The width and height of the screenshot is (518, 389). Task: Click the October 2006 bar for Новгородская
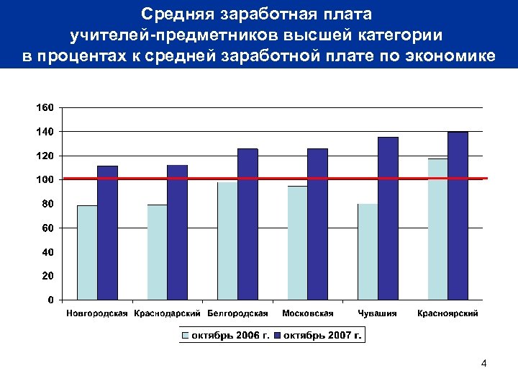coord(87,252)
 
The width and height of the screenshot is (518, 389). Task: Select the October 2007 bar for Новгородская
coord(107,233)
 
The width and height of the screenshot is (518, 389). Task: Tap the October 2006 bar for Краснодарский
coord(157,252)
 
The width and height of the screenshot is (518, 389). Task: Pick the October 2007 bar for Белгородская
coord(247,224)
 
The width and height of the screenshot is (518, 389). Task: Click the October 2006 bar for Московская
coord(297,243)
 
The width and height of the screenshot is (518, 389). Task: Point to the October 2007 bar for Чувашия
coord(388,218)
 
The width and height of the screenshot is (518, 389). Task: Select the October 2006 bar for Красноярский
coord(437,229)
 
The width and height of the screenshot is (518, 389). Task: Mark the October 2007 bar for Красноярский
coord(458,215)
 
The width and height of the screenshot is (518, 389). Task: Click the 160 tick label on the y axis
coord(45,107)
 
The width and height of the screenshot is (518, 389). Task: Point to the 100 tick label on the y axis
coord(45,179)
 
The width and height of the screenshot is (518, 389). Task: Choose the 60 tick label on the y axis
coord(47,228)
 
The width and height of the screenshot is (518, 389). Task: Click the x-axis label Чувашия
coord(378,313)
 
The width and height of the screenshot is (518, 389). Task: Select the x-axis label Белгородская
coord(237,313)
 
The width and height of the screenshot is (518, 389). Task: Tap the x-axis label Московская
coord(308,313)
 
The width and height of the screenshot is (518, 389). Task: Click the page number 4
coord(483,364)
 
